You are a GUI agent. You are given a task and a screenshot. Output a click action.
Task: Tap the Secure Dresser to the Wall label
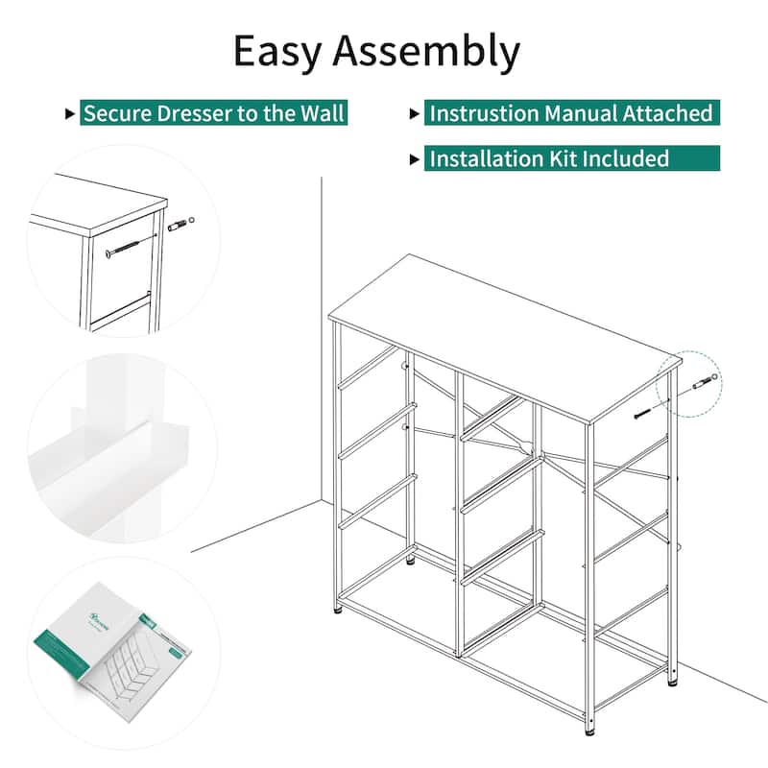[x=212, y=113]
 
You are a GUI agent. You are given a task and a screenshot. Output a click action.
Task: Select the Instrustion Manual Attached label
[x=570, y=113]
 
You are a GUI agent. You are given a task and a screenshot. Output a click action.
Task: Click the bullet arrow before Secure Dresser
[x=69, y=114]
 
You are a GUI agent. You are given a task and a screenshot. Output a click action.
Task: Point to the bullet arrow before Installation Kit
[x=415, y=159]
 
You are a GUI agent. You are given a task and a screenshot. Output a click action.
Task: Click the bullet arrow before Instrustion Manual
[x=415, y=114]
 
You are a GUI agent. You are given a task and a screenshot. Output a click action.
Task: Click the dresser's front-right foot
[x=588, y=729]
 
